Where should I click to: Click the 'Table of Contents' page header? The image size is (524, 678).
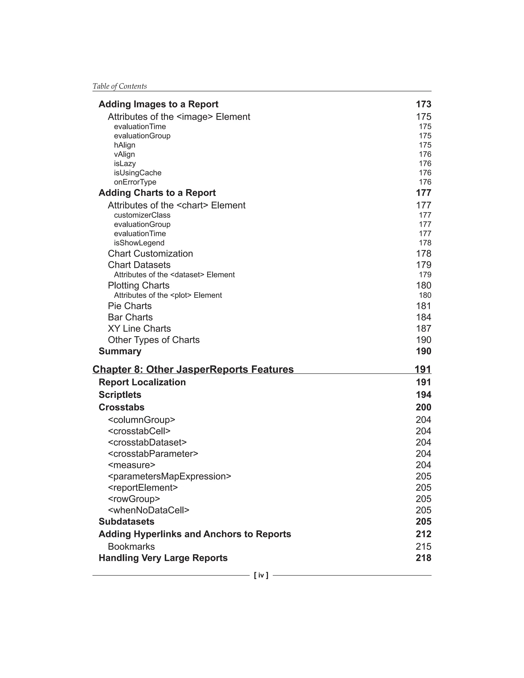pos(119,86)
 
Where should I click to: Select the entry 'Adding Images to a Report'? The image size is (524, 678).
pos(158,104)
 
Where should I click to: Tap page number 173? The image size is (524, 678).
pos(423,104)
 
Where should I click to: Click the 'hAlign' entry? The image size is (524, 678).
pos(125,145)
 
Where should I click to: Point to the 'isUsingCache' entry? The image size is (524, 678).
pos(137,173)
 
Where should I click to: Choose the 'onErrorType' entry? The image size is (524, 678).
pos(135,182)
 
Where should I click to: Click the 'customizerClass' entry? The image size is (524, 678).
pos(142,215)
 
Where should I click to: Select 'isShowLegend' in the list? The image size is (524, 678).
pos(139,243)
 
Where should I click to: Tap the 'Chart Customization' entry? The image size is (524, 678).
pos(150,254)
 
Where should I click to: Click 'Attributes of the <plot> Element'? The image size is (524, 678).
pos(168,295)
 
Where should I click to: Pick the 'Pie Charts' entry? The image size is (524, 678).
pos(130,306)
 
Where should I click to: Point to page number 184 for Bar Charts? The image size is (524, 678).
pos(423,317)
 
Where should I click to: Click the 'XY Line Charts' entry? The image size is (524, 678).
pos(139,329)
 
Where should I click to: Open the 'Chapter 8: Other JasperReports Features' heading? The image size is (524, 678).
pos(193,369)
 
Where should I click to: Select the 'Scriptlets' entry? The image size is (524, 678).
pos(120,395)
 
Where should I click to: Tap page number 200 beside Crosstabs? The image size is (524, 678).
pos(423,407)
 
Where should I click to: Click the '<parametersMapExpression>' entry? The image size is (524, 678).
pos(169,476)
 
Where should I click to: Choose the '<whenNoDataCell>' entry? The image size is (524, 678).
pos(148,510)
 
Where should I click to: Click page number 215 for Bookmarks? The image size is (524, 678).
pos(423,547)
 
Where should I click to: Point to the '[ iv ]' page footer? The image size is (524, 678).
pos(261,575)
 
